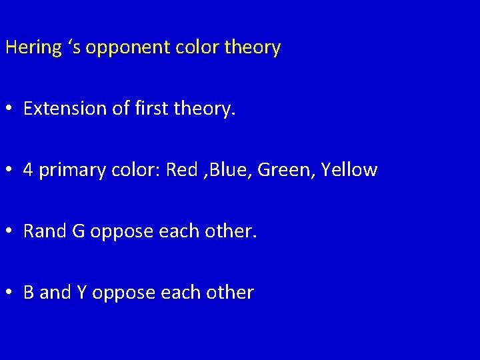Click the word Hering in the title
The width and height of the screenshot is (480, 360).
coord(33,48)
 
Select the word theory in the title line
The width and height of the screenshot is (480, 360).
coord(253,48)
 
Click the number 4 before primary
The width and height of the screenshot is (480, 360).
coord(28,170)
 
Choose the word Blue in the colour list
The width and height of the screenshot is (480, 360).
coord(229,170)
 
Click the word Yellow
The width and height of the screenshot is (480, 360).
coord(349,170)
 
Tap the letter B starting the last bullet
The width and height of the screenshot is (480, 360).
coord(29,293)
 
